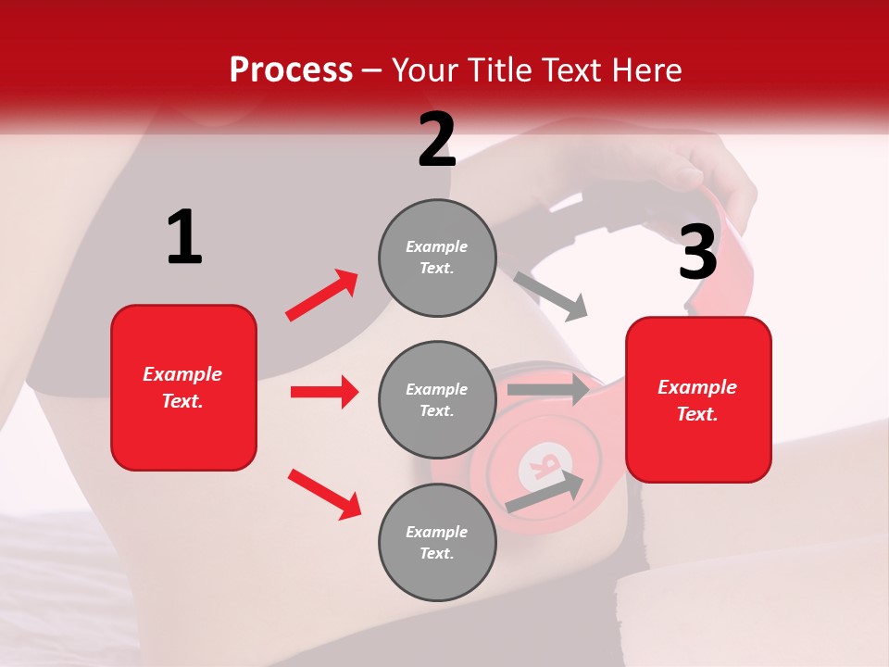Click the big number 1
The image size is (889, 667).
click(x=184, y=237)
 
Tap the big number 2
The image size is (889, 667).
click(x=437, y=140)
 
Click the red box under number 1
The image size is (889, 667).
click(x=183, y=387)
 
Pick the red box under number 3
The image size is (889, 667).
click(x=698, y=399)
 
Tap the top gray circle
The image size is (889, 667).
click(x=437, y=258)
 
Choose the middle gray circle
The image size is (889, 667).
click(x=437, y=399)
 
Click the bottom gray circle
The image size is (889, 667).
click(x=437, y=542)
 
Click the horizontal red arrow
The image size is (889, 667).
click(x=324, y=392)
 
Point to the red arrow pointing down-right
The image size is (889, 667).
click(x=324, y=493)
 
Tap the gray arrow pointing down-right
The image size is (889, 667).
click(x=551, y=296)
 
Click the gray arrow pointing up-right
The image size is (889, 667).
click(x=545, y=492)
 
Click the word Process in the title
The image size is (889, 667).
click(x=291, y=69)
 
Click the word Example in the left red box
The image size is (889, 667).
click(x=182, y=374)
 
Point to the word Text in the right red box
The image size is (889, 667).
click(x=697, y=414)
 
